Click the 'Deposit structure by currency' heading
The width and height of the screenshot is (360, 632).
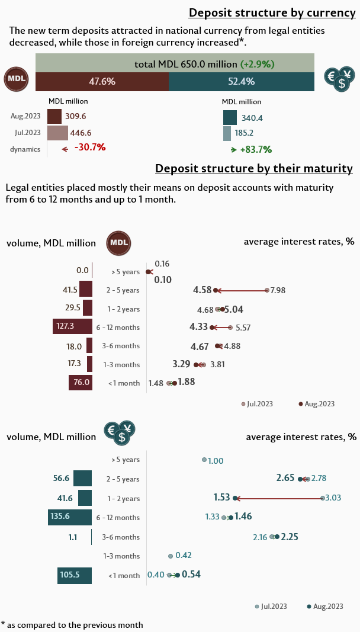tap(271, 13)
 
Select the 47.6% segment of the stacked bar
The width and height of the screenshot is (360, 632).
tap(102, 81)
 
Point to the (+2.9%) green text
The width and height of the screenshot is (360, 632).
tap(257, 63)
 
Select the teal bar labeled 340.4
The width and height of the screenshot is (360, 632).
tap(230, 117)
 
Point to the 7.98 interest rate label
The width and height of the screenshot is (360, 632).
tap(278, 290)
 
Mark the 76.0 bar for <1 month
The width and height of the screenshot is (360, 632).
tap(81, 382)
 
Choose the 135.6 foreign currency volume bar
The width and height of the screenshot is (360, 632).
tap(70, 516)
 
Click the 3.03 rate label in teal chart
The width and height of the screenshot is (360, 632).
tap(333, 498)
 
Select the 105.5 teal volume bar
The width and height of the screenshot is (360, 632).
tap(75, 575)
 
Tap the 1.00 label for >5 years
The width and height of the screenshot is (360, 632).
tap(216, 460)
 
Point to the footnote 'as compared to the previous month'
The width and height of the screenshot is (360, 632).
tap(75, 624)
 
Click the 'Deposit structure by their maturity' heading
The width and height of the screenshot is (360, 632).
tap(254, 169)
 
